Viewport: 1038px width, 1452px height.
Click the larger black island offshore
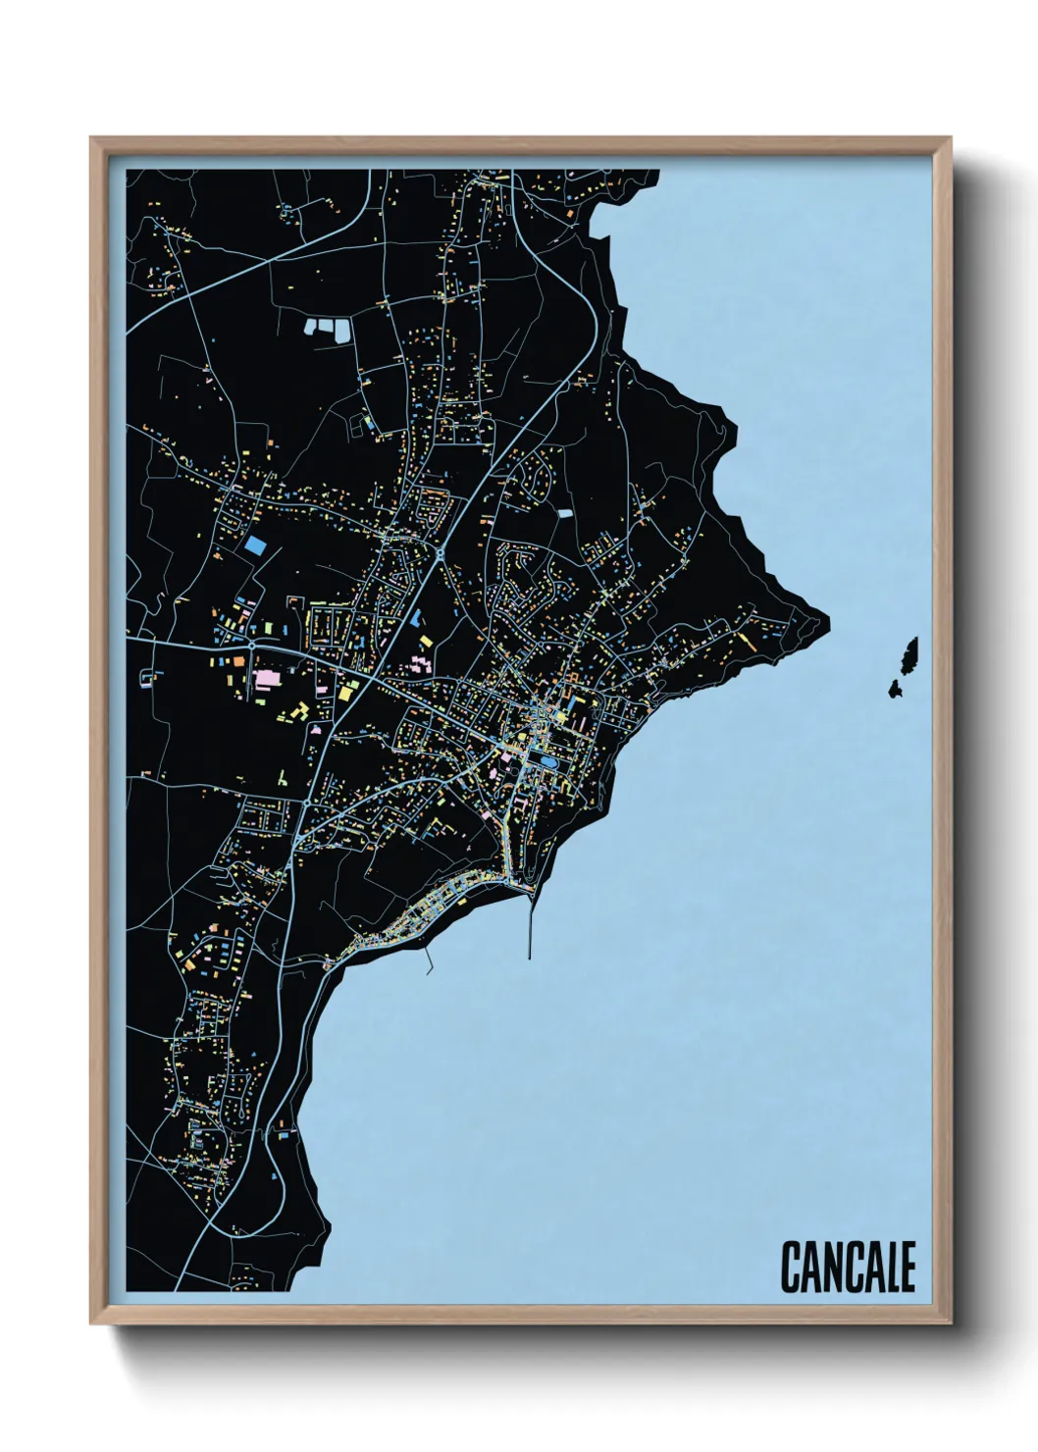[909, 652]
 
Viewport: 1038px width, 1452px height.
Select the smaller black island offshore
[896, 689]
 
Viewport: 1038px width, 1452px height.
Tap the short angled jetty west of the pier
[430, 960]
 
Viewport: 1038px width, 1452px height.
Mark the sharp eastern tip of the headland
[826, 621]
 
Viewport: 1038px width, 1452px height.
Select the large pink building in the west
[268, 678]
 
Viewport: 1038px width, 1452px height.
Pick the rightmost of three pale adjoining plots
[344, 330]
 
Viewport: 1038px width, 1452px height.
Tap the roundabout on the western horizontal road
[252, 646]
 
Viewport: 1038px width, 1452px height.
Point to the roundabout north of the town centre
[441, 554]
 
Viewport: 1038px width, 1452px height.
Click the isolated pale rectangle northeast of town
[564, 512]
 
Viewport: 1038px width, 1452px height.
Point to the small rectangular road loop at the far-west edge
[149, 676]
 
